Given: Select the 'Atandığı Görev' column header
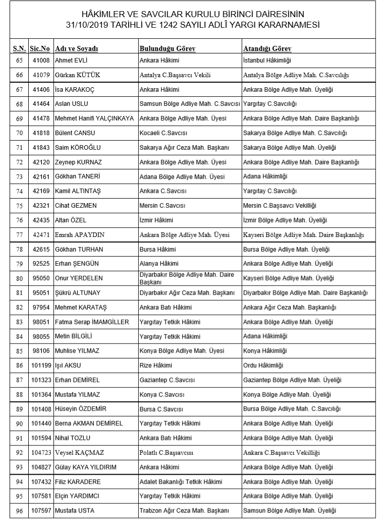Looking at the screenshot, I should click(x=267, y=48).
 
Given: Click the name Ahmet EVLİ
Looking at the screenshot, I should click(x=71, y=62).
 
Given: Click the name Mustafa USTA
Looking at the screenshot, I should click(x=75, y=510).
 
